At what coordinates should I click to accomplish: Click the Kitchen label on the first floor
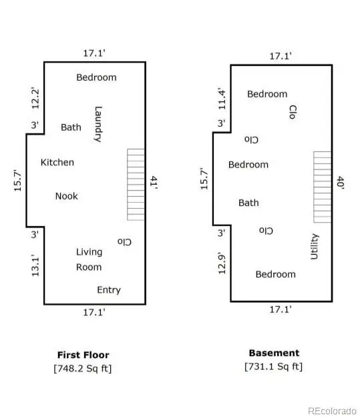[57, 162]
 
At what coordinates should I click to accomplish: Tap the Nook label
[67, 196]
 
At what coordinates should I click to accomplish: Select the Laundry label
[98, 124]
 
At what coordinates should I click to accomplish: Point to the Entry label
[109, 290]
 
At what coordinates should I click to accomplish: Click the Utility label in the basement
[314, 246]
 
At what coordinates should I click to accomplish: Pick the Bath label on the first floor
[71, 127]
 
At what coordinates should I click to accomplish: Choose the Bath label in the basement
[248, 203]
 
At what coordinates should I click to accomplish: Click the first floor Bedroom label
[96, 77]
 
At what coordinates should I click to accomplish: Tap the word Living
[89, 252]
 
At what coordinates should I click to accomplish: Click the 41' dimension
[154, 182]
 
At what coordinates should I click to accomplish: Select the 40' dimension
[341, 182]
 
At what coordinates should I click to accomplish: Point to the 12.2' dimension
[35, 98]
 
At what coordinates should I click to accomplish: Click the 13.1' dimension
[35, 266]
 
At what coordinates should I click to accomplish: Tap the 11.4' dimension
[222, 99]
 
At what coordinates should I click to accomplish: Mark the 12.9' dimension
[222, 264]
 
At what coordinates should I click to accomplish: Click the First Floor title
[83, 355]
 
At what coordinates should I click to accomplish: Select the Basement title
[274, 353]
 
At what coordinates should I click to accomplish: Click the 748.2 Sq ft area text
[83, 368]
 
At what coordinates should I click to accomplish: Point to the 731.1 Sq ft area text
[274, 366]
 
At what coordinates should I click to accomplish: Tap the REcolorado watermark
[332, 411]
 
